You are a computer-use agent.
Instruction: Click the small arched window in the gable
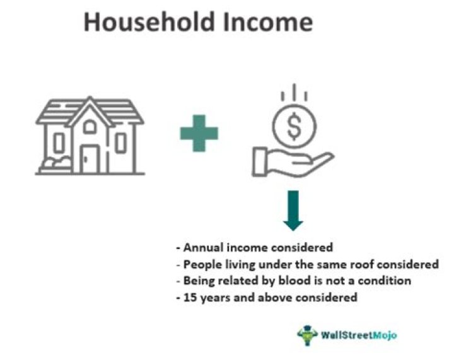tap(90, 127)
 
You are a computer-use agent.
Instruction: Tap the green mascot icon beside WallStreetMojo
tap(306, 335)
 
